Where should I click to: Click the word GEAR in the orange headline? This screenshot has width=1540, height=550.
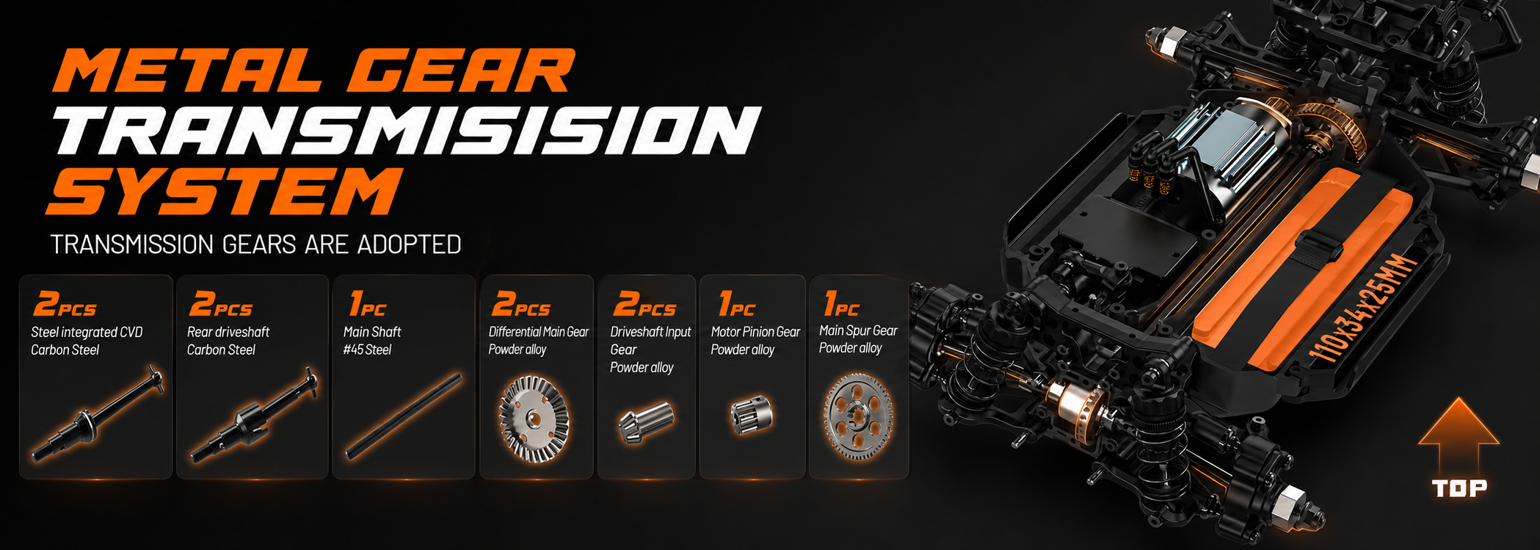[460, 71]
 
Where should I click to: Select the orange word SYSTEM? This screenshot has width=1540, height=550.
[225, 191]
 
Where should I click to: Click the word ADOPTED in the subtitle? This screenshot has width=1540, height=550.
[409, 245]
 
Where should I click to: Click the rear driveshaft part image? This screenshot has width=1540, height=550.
[254, 416]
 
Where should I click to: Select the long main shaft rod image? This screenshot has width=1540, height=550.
[404, 416]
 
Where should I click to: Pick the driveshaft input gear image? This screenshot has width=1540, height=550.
[646, 421]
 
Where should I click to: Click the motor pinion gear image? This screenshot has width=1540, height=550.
[752, 415]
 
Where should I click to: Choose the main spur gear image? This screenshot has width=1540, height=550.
[858, 416]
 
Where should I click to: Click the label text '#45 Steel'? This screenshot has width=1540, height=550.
[367, 350]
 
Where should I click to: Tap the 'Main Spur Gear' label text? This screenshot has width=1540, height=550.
[858, 330]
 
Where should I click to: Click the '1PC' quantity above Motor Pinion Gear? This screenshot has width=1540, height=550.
[736, 303]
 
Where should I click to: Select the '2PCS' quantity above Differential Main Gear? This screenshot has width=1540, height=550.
[521, 303]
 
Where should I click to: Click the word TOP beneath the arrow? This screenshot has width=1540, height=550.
[1460, 488]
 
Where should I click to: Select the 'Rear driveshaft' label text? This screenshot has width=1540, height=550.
[228, 332]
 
